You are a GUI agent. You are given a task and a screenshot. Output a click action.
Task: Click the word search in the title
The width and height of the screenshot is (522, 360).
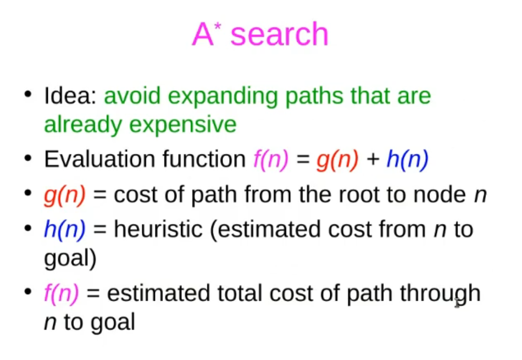point(279,34)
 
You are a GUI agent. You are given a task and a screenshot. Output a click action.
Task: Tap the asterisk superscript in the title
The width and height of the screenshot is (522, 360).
point(218,26)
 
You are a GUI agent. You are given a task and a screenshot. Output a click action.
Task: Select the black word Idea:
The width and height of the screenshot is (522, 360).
point(70,96)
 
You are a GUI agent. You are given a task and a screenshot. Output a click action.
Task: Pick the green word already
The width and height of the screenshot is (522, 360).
point(83,125)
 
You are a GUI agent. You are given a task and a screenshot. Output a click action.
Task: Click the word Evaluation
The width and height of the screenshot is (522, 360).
point(99,159)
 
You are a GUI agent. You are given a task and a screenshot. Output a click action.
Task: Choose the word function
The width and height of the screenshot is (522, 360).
point(204,159)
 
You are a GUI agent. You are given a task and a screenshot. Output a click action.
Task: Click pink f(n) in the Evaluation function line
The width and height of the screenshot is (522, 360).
point(271,160)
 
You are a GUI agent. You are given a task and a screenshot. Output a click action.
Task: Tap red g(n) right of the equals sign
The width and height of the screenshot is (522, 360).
point(337,160)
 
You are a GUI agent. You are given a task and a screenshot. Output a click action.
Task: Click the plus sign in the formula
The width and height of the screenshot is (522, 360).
point(373,159)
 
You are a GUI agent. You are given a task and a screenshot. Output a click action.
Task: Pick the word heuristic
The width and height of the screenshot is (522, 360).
point(158,229)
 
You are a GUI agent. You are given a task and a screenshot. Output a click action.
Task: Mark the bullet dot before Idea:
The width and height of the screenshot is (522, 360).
point(28,94)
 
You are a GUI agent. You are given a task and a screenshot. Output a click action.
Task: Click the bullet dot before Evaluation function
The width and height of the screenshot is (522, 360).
point(28,158)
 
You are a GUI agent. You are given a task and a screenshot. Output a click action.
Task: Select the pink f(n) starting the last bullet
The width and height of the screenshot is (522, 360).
point(62,294)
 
